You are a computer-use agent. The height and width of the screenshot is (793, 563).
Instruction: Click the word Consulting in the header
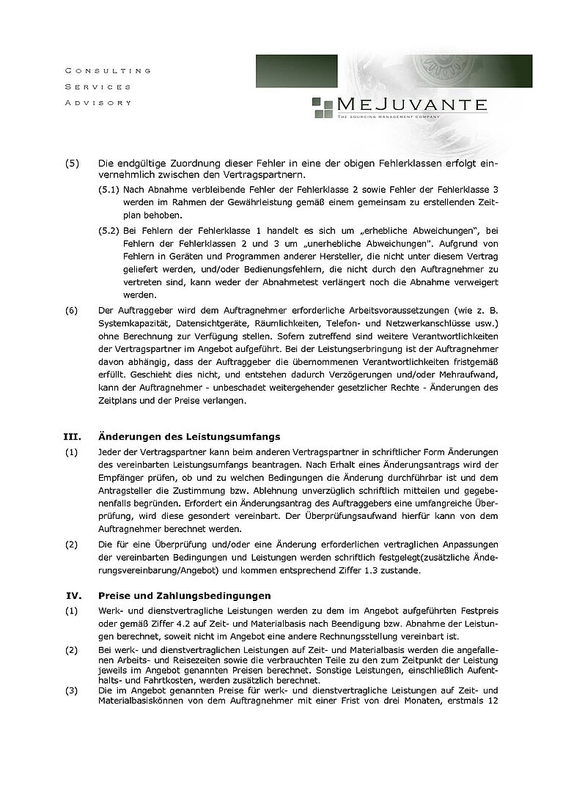[107, 71]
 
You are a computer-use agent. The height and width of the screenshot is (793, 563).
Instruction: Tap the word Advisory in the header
[98, 103]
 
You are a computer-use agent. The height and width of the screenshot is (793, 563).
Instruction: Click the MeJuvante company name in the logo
[411, 104]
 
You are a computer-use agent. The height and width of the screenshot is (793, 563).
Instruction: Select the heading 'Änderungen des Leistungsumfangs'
[188, 437]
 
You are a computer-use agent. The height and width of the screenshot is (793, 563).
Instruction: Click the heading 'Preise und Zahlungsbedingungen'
[184, 595]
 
